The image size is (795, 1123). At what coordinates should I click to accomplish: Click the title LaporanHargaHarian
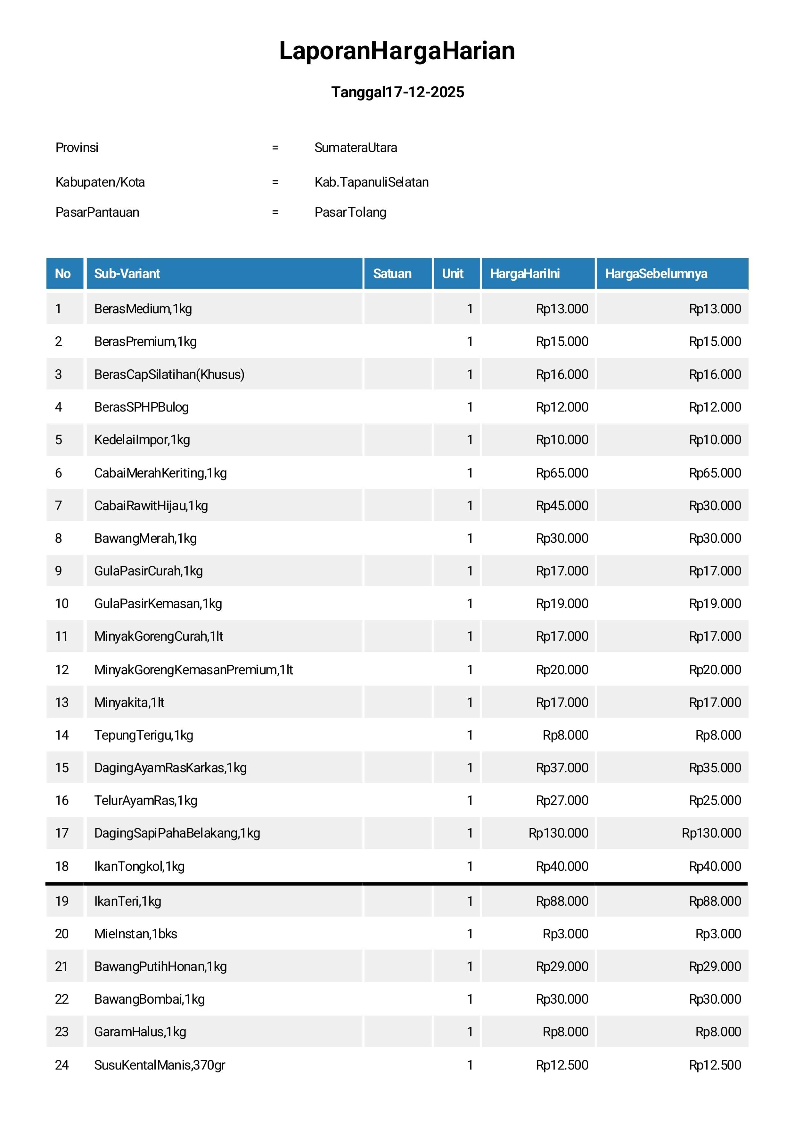397,51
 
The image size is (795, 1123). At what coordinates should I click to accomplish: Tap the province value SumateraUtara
356,148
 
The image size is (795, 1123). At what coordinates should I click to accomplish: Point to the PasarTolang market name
350,212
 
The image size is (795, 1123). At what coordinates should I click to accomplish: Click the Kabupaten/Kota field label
100,182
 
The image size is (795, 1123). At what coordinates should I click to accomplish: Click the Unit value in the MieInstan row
470,934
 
